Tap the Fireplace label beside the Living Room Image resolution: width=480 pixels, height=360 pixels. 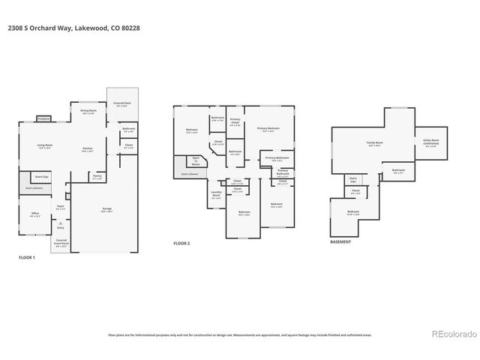(x=43, y=118)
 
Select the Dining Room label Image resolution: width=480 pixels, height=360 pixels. (x=88, y=112)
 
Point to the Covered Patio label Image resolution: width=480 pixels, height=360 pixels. (x=119, y=103)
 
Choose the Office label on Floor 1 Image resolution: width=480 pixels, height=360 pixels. (x=34, y=216)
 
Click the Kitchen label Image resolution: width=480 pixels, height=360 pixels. (x=88, y=149)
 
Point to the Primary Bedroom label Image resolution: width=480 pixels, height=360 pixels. (x=268, y=129)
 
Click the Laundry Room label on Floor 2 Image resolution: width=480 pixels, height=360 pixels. (x=216, y=193)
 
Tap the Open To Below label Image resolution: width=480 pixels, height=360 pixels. (x=196, y=160)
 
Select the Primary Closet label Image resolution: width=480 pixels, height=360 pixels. (x=235, y=121)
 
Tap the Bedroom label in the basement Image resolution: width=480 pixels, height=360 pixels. (x=352, y=212)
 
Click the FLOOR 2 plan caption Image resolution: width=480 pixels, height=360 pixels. (x=182, y=243)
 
